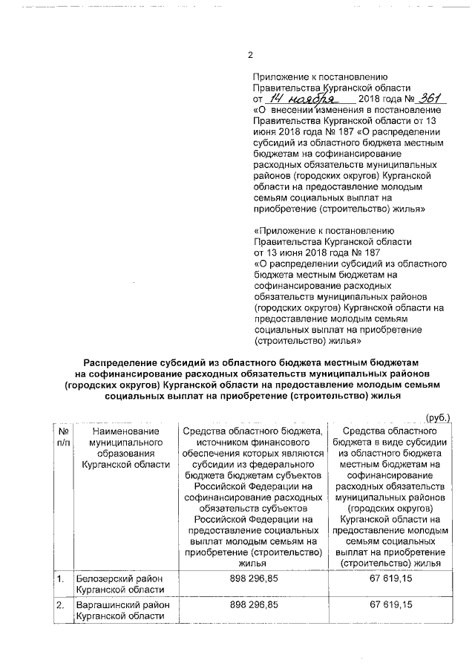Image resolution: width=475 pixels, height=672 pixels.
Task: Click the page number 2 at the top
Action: point(250,55)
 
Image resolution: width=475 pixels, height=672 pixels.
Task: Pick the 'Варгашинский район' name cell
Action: point(119,610)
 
